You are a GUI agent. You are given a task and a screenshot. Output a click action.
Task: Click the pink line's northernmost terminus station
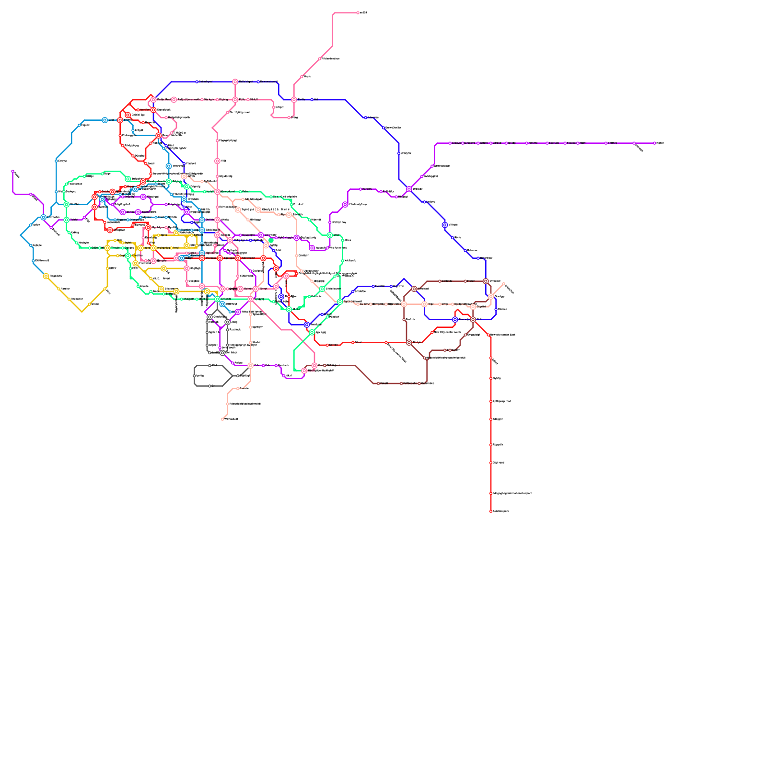tap(358, 13)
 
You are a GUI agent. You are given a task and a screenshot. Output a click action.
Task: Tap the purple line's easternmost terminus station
tap(654, 143)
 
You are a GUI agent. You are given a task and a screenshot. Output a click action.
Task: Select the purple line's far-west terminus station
tap(13, 171)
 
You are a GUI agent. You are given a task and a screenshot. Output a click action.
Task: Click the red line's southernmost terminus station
tap(490, 511)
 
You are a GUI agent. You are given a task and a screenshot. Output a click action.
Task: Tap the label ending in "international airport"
tap(511, 493)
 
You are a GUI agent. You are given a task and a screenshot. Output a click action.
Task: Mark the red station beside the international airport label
tap(490, 493)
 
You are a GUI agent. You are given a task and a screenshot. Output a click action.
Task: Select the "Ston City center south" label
tap(447, 332)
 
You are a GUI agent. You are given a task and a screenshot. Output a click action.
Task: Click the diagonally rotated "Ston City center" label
tap(397, 353)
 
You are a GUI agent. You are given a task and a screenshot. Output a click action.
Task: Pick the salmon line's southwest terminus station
tap(222, 419)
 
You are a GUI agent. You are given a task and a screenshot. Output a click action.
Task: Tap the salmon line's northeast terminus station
tap(503, 284)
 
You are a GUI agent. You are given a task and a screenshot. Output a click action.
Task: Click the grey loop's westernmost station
tap(194, 376)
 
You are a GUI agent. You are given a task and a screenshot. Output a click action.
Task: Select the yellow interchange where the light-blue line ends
tap(46, 276)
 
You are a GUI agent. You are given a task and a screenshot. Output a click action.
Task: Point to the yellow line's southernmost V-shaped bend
tap(82, 312)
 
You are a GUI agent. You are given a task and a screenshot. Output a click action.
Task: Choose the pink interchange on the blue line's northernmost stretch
tap(235, 82)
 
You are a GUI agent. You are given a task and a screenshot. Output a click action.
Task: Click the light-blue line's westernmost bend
tap(21, 235)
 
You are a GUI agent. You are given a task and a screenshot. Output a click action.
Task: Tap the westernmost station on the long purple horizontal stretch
tap(450, 143)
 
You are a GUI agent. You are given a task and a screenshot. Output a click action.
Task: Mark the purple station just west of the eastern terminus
tap(634, 143)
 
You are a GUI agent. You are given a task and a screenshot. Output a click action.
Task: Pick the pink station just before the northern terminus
tap(320, 59)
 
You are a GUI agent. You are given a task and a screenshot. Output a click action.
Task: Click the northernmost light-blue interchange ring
tap(105, 120)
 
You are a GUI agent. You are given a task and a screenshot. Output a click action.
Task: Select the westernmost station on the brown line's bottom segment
tap(378, 383)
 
